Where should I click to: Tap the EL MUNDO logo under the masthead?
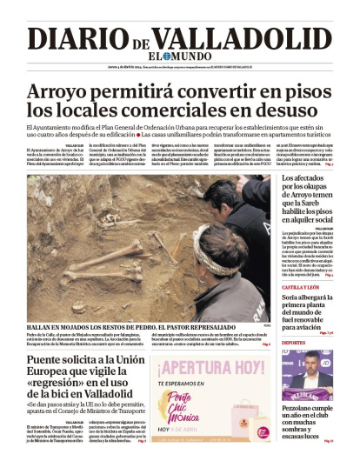180,57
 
